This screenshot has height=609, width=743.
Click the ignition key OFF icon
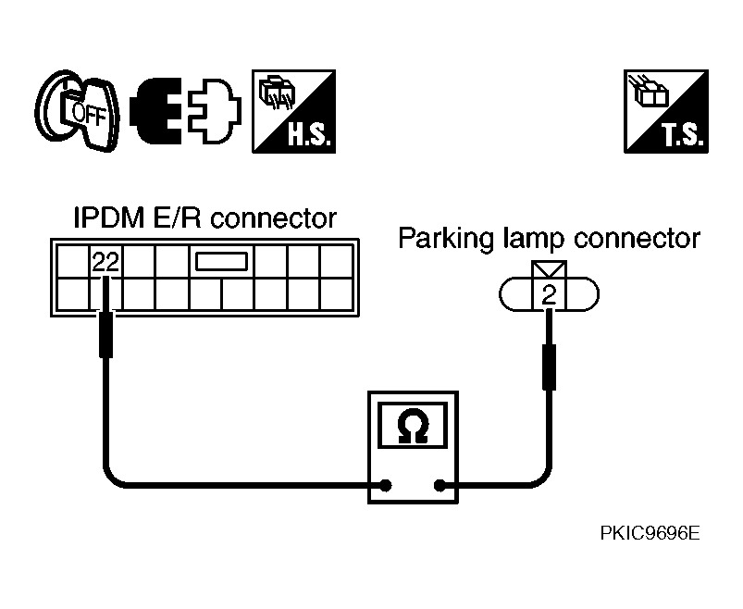tap(77, 111)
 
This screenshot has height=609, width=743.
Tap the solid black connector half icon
tap(156, 110)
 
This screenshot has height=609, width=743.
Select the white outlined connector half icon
tap(214, 110)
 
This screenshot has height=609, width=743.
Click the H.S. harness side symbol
tap(294, 111)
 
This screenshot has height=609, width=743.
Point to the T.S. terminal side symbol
tap(666, 111)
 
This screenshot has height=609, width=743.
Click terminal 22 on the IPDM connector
tap(105, 261)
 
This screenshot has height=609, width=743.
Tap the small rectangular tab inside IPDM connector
tap(222, 262)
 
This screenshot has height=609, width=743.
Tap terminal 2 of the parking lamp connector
tap(549, 295)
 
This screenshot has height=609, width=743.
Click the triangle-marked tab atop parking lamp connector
tap(549, 269)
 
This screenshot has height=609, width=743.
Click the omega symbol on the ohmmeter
tap(414, 425)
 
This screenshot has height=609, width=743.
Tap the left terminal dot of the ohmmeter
tap(386, 485)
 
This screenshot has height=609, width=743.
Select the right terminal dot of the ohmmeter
tap(440, 485)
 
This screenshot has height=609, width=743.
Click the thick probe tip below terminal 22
tap(106, 335)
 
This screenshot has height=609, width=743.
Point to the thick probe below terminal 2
tap(549, 367)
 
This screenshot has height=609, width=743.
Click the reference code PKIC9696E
tap(650, 533)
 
